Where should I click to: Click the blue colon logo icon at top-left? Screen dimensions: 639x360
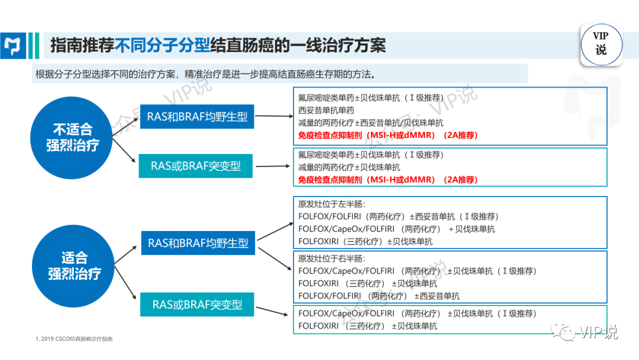point(13,46)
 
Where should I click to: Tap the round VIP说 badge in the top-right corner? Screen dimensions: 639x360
point(601,44)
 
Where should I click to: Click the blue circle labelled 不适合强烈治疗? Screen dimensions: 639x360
point(72,138)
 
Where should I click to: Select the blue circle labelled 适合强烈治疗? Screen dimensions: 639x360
point(73,266)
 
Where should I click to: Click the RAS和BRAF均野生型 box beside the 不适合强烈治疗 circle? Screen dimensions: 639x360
point(197,117)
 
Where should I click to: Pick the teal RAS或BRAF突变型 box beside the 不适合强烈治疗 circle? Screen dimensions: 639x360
point(196,166)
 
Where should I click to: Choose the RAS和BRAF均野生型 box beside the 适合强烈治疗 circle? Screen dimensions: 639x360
point(198,243)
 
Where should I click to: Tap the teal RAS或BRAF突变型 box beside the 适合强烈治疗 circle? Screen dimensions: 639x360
point(197,304)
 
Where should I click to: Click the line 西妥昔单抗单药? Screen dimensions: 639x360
point(326,111)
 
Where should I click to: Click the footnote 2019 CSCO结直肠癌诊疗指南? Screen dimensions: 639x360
point(74,339)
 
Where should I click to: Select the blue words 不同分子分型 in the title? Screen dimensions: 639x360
point(162,45)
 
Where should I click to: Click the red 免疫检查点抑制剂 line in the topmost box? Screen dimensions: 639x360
point(388,136)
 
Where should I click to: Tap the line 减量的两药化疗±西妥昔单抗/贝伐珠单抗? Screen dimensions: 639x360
point(370,123)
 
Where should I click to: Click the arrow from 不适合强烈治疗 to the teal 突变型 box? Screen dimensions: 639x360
point(124,150)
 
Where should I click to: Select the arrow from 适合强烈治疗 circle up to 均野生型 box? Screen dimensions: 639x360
point(125,255)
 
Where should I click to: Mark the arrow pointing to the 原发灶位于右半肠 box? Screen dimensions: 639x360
point(275,259)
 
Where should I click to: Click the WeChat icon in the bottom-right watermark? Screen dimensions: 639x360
point(564,332)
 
